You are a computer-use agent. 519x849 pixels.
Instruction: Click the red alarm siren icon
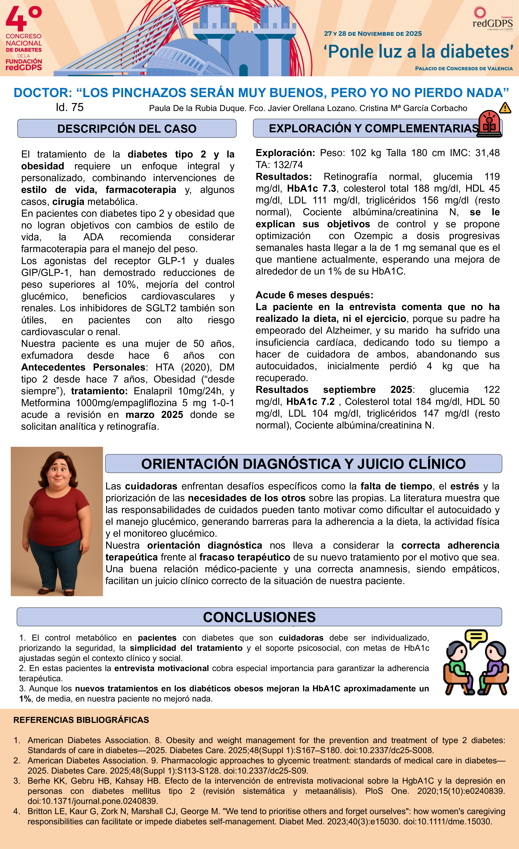pyautogui.click(x=489, y=124)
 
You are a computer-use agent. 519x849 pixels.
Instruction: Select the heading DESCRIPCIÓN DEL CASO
pyautogui.click(x=127, y=128)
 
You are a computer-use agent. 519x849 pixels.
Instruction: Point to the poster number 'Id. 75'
pyautogui.click(x=70, y=107)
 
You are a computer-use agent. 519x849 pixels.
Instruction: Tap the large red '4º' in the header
pyautogui.click(x=23, y=19)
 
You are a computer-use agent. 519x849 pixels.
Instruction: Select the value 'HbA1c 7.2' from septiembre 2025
pyautogui.click(x=311, y=401)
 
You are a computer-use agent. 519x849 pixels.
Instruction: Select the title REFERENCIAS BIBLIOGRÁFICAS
pyautogui.click(x=81, y=720)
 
